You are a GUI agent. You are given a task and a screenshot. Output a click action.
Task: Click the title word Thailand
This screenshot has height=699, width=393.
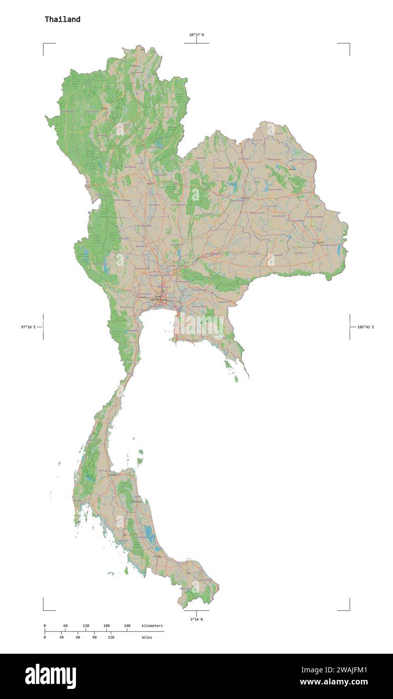tap(62, 20)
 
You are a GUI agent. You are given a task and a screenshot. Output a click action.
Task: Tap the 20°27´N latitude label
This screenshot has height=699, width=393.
tap(196, 35)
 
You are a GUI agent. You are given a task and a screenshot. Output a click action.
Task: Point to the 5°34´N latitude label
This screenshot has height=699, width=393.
tap(196, 620)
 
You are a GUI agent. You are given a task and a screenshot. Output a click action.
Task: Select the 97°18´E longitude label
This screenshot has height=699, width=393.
tap(28, 327)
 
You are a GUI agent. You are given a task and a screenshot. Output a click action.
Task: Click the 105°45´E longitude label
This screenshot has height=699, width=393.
tap(365, 327)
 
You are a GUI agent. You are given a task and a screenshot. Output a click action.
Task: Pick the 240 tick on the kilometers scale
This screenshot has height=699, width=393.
tap(127, 626)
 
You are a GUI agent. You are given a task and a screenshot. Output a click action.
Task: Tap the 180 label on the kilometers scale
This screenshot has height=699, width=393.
tap(106, 626)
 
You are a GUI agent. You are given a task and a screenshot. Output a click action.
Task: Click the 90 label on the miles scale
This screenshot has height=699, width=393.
tap(94, 637)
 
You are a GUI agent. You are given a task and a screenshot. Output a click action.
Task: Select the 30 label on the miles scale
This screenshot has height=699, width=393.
tap(61, 637)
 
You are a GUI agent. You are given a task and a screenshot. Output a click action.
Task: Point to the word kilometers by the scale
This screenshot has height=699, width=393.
tap(152, 626)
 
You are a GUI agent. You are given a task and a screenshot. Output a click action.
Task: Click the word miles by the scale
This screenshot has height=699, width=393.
tap(146, 637)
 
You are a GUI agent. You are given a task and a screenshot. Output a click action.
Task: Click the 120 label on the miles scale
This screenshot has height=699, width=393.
tap(111, 637)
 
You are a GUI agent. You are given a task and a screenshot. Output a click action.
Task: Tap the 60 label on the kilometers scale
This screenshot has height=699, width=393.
tap(65, 626)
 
